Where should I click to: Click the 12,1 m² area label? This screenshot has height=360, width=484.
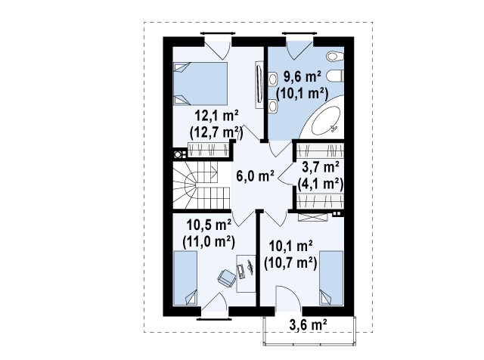tap(217, 116)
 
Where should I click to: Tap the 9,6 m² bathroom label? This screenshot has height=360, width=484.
tap(302, 76)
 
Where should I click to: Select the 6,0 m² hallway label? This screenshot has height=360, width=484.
tap(256, 176)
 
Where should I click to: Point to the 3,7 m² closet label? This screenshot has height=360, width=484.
tap(321, 167)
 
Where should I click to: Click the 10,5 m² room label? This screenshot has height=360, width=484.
tap(209, 225)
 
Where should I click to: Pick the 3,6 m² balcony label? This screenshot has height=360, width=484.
tap(309, 324)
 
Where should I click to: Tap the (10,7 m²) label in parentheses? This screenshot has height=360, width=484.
tap(290, 263)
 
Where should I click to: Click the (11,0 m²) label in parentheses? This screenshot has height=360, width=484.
tap(209, 242)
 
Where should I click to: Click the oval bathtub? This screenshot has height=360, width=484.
tap(326, 121)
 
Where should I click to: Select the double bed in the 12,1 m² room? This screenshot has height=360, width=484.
tap(200, 84)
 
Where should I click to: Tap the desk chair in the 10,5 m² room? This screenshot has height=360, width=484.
tap(227, 277)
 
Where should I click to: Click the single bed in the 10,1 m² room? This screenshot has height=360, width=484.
tap(331, 278)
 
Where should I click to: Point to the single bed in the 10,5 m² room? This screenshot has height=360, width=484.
tap(185, 278)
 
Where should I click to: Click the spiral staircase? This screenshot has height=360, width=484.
tap(201, 185)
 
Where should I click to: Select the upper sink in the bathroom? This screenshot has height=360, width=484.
tap(273, 79)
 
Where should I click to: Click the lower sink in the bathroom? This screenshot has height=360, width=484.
tap(273, 106)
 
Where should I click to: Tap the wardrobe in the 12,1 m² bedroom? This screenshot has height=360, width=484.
tap(209, 150)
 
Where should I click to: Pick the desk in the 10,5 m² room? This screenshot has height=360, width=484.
tap(246, 274)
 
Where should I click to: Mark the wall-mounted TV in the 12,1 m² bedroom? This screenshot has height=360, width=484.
tap(259, 85)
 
